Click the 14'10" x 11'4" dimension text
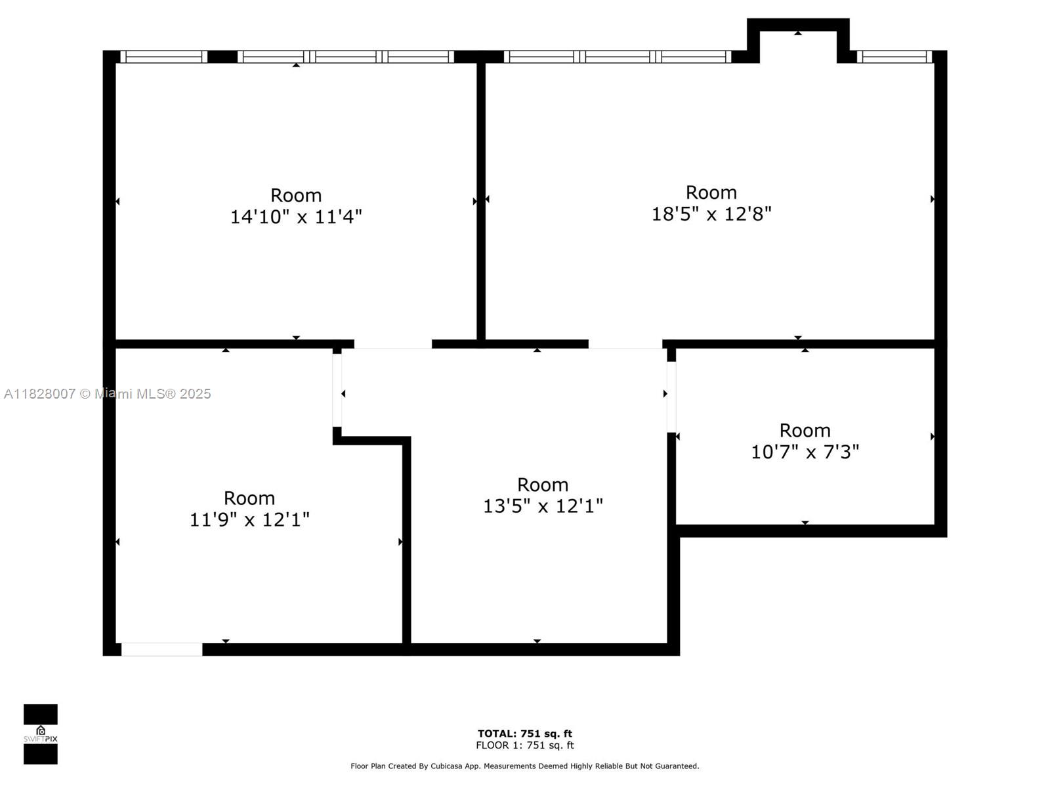[296, 217]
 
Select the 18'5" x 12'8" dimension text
[711, 214]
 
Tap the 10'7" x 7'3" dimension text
[805, 452]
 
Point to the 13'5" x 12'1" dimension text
[543, 506]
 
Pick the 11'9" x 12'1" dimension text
[249, 519]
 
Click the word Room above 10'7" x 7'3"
[805, 431]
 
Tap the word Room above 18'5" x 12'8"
[711, 192]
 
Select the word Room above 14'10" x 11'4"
[296, 195]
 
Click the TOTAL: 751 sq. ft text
[525, 733]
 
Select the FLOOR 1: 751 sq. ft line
[525, 745]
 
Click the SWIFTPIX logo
[41, 734]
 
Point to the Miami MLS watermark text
[108, 394]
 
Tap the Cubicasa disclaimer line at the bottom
[525, 766]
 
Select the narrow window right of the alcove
[894, 57]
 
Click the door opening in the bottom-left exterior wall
[161, 649]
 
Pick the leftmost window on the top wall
[163, 57]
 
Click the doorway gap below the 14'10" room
[392, 345]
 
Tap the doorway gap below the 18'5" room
[625, 345]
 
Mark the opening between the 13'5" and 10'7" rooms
[671, 397]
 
